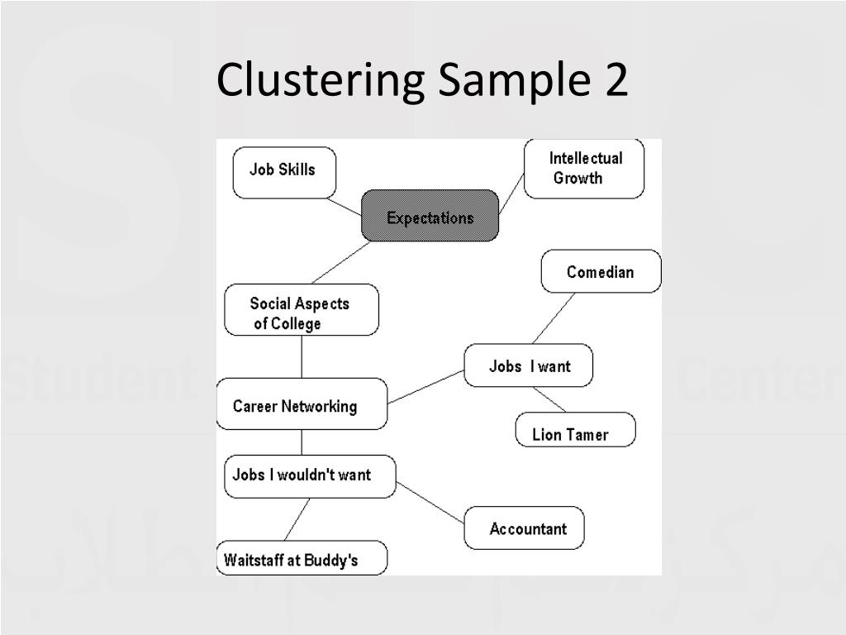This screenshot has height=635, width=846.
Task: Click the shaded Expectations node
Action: tap(430, 217)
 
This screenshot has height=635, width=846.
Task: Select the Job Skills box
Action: tap(284, 172)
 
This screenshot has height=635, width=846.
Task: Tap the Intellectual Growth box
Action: tap(584, 169)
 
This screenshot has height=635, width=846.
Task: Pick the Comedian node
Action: tap(601, 271)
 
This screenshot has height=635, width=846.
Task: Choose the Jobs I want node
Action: tap(528, 365)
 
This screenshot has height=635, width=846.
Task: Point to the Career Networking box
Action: tap(302, 404)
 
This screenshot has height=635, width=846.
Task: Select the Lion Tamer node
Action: tap(575, 431)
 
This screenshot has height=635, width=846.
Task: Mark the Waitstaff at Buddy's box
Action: tap(301, 558)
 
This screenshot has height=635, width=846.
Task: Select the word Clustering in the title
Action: tap(321, 82)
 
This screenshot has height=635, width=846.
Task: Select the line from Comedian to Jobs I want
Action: tap(554, 318)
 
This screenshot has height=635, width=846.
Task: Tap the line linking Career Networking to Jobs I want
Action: tap(425, 387)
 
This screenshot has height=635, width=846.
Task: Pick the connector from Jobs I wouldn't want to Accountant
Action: tap(430, 503)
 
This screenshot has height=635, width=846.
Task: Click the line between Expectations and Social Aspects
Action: tap(340, 263)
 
